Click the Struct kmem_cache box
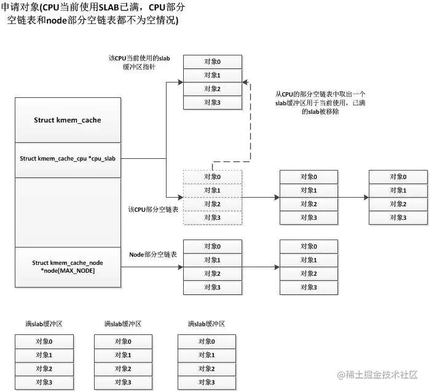pos(67,120)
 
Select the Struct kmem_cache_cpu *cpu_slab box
pos(67,158)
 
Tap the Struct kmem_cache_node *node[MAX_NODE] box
pos(67,267)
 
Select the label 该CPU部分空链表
pos(153,210)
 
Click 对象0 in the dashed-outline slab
pos(213,177)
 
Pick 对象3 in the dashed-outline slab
pos(213,217)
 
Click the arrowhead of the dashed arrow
pos(245,82)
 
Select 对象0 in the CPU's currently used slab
pos(213,62)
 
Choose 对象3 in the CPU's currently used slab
pos(213,102)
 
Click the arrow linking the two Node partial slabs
pos(261,267)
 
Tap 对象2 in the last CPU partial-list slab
pos(398,204)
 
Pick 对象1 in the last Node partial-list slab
pos(309,260)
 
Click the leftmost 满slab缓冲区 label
pos(44,324)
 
